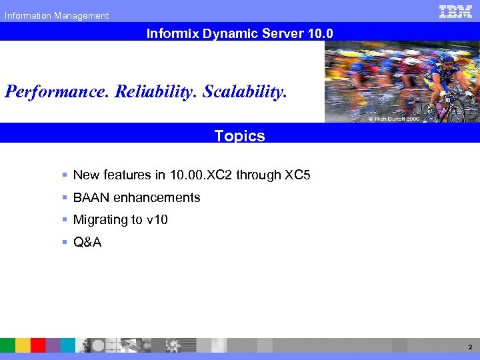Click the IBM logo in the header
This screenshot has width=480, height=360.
click(x=455, y=11)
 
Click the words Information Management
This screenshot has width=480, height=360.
click(x=57, y=15)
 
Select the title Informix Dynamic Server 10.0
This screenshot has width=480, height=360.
click(x=240, y=32)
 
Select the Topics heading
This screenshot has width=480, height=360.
click(x=240, y=136)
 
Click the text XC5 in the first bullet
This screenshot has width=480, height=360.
click(x=297, y=175)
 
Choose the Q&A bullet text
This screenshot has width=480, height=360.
click(x=87, y=243)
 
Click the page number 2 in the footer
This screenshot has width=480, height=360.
click(x=469, y=347)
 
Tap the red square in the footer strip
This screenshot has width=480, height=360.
click(x=38, y=345)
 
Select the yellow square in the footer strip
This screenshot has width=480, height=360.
click(x=23, y=345)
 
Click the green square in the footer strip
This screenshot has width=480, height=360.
click(x=7, y=345)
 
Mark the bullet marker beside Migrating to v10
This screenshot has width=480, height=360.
click(x=65, y=220)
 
